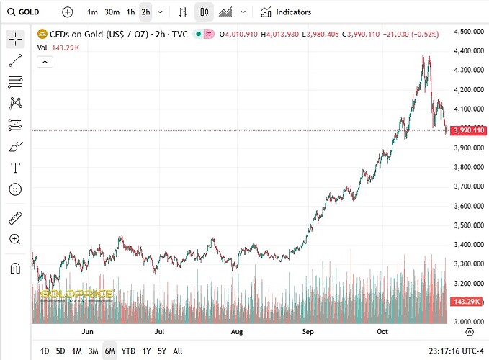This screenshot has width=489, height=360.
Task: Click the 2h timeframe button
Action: coord(145,12)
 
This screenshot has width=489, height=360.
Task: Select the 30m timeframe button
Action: coord(112,12)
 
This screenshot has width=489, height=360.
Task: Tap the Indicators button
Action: coord(287,12)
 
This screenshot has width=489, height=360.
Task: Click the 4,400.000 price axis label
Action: coord(469,51)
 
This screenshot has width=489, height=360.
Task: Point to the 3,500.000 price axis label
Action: coord(469,225)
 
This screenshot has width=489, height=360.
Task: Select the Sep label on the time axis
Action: coord(308,333)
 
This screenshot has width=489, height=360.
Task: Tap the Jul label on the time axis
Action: coord(161,333)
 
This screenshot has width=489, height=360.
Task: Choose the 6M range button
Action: coord(109,351)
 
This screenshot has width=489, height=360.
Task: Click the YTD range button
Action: coord(128,351)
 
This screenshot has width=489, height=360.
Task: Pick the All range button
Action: coord(178,351)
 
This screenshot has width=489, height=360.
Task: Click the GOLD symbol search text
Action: coord(30,12)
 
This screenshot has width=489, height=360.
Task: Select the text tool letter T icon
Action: coord(15,168)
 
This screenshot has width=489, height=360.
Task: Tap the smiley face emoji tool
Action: coord(15,189)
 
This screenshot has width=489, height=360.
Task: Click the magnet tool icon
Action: coord(15,269)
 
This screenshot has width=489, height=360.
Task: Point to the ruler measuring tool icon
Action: coord(15,217)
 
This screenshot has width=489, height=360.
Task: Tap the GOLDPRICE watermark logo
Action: coord(77,294)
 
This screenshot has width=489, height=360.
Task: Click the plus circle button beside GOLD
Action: coord(67,12)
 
